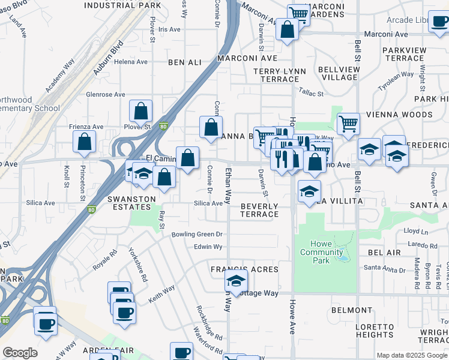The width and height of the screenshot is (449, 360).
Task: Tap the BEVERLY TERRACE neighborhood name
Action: click(259, 210)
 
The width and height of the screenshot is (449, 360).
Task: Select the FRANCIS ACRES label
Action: click(244, 269)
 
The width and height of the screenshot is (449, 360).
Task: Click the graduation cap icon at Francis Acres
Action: click(237, 281)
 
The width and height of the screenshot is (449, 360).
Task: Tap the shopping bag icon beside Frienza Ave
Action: click(85, 142)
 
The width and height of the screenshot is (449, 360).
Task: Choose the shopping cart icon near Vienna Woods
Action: click(348, 124)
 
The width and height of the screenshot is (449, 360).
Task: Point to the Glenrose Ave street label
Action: click(106, 94)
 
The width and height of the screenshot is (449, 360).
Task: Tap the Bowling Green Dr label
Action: click(197, 234)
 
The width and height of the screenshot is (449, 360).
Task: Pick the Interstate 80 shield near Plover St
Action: click(164, 126)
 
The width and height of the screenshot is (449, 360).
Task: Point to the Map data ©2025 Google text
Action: click(412, 355)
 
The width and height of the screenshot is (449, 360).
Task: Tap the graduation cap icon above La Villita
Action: click(309, 191)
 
